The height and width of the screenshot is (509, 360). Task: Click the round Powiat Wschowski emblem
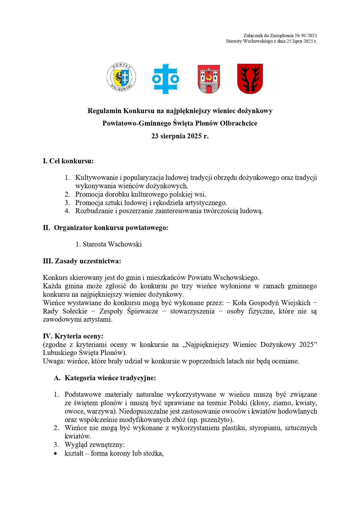[x=121, y=77]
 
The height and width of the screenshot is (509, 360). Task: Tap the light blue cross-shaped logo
[x=166, y=79]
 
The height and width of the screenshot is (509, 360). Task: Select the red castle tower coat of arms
[x=209, y=79]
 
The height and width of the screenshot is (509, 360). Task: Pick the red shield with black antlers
[x=250, y=79]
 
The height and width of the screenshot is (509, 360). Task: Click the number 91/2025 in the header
[x=309, y=36]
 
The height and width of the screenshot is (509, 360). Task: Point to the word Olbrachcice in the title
[x=238, y=123]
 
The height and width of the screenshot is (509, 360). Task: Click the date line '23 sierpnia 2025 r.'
[x=180, y=136]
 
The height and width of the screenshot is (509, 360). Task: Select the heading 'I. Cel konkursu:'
[x=68, y=161]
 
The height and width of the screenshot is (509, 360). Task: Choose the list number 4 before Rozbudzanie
[x=67, y=211]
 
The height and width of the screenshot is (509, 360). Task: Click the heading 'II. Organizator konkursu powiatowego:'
[x=106, y=228]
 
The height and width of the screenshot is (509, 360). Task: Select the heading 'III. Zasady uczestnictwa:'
[x=82, y=261]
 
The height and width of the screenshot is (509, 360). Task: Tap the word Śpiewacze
[x=142, y=311]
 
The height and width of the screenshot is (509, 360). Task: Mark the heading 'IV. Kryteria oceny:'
[x=73, y=336]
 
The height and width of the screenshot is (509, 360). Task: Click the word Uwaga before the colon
[x=54, y=361]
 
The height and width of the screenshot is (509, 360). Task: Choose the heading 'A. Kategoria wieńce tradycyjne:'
[x=105, y=378]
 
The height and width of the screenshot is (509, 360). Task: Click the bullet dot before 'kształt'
[x=56, y=453]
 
